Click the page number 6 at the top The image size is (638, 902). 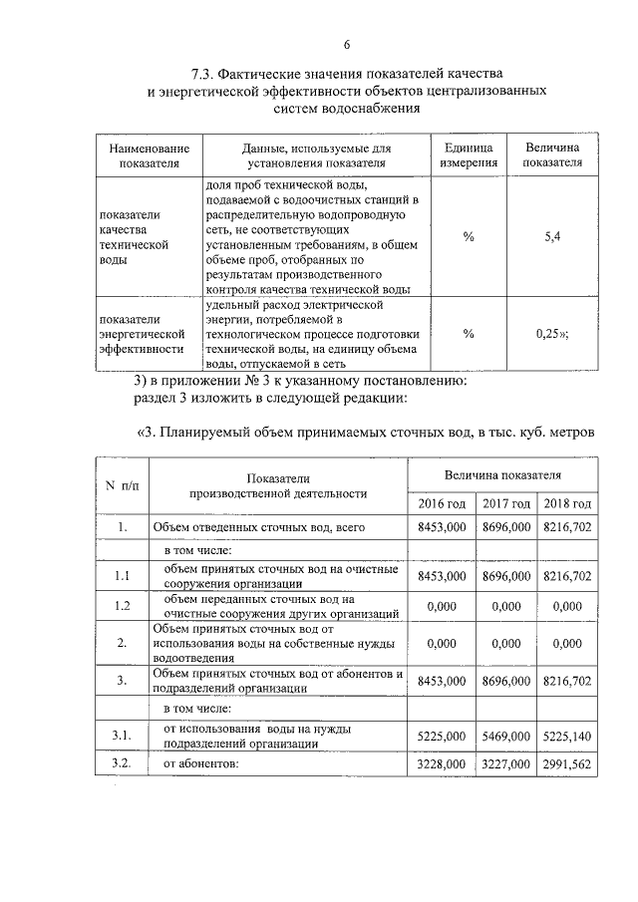point(347,45)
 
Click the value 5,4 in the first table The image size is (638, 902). point(554,236)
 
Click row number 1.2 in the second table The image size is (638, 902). point(123,606)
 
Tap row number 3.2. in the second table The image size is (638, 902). point(123,763)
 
